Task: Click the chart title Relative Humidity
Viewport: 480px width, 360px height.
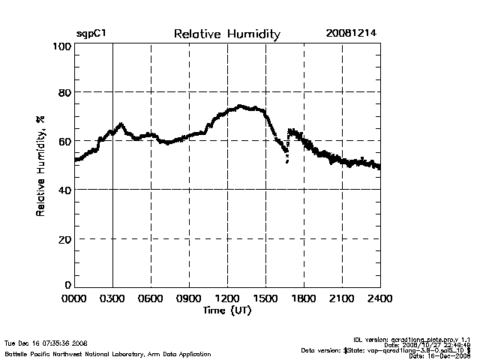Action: coord(226,34)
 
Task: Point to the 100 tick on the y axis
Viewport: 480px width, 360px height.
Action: coord(62,46)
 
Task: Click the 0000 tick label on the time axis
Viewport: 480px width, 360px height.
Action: coord(75,298)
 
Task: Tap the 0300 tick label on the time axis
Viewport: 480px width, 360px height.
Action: coord(113,298)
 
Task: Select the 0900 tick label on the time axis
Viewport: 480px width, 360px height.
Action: coord(190,298)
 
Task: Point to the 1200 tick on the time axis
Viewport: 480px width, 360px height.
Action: coord(228,298)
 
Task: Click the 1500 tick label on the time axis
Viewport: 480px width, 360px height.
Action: coord(266,298)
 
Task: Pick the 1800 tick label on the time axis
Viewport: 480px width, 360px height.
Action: coord(304,298)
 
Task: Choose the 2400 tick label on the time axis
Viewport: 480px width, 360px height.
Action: coord(379,298)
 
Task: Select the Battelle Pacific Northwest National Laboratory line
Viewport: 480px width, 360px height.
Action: coord(108,353)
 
